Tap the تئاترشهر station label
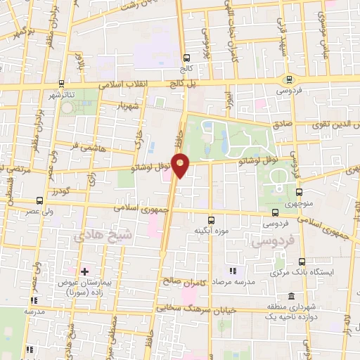point(62,94)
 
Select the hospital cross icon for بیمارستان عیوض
point(84,271)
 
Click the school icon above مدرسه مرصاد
point(233,271)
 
